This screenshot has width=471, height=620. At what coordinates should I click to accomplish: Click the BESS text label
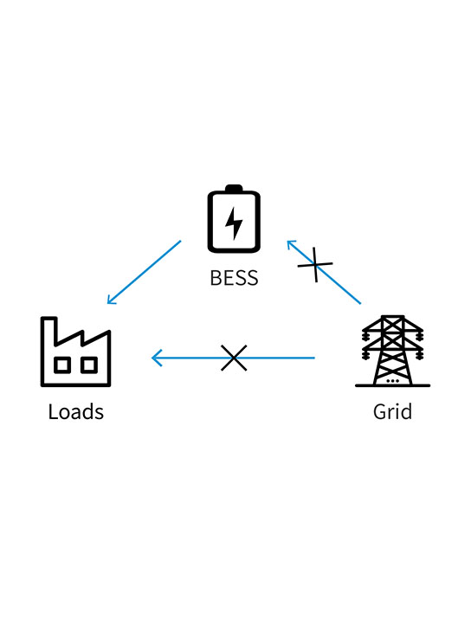(234, 279)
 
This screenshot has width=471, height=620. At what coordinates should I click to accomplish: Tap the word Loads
(76, 411)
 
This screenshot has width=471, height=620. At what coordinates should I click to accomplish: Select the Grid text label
(392, 411)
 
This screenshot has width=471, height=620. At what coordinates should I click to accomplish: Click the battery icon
(234, 218)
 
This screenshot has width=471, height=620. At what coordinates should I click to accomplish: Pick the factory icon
(76, 353)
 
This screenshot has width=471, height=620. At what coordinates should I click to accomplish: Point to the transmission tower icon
(392, 351)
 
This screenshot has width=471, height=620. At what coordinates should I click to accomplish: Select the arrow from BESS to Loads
(144, 272)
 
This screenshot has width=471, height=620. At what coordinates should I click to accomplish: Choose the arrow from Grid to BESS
(338, 283)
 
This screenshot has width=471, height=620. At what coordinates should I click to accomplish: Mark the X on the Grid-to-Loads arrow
(234, 357)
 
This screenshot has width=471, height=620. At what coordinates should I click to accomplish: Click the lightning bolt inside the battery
(234, 223)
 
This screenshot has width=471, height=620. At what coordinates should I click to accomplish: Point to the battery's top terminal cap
(234, 188)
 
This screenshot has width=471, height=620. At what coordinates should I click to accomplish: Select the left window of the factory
(62, 365)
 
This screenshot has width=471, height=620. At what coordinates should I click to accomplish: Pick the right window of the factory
(88, 365)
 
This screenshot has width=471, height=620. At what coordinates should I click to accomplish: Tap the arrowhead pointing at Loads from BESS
(110, 300)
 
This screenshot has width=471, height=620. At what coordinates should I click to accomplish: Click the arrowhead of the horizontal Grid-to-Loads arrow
(156, 357)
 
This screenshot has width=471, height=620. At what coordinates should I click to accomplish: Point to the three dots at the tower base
(392, 380)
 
